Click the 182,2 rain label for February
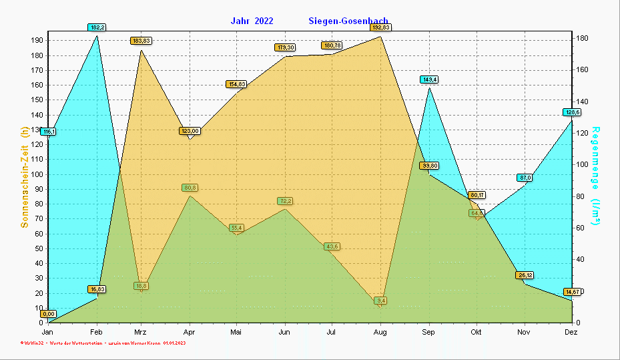(97, 27)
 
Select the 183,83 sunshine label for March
(141, 41)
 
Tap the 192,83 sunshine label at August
(380, 27)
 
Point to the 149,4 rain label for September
(429, 79)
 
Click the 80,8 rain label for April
(190, 188)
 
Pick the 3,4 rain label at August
(380, 301)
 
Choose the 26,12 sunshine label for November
(525, 275)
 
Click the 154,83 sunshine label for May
(236, 84)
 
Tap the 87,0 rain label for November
(525, 177)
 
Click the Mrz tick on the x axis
(140, 332)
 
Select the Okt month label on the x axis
(476, 332)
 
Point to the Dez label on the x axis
(571, 332)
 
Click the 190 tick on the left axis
(37, 40)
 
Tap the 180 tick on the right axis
(582, 39)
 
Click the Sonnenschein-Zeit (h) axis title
(25, 177)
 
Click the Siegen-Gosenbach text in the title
(348, 21)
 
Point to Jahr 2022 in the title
(252, 21)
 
